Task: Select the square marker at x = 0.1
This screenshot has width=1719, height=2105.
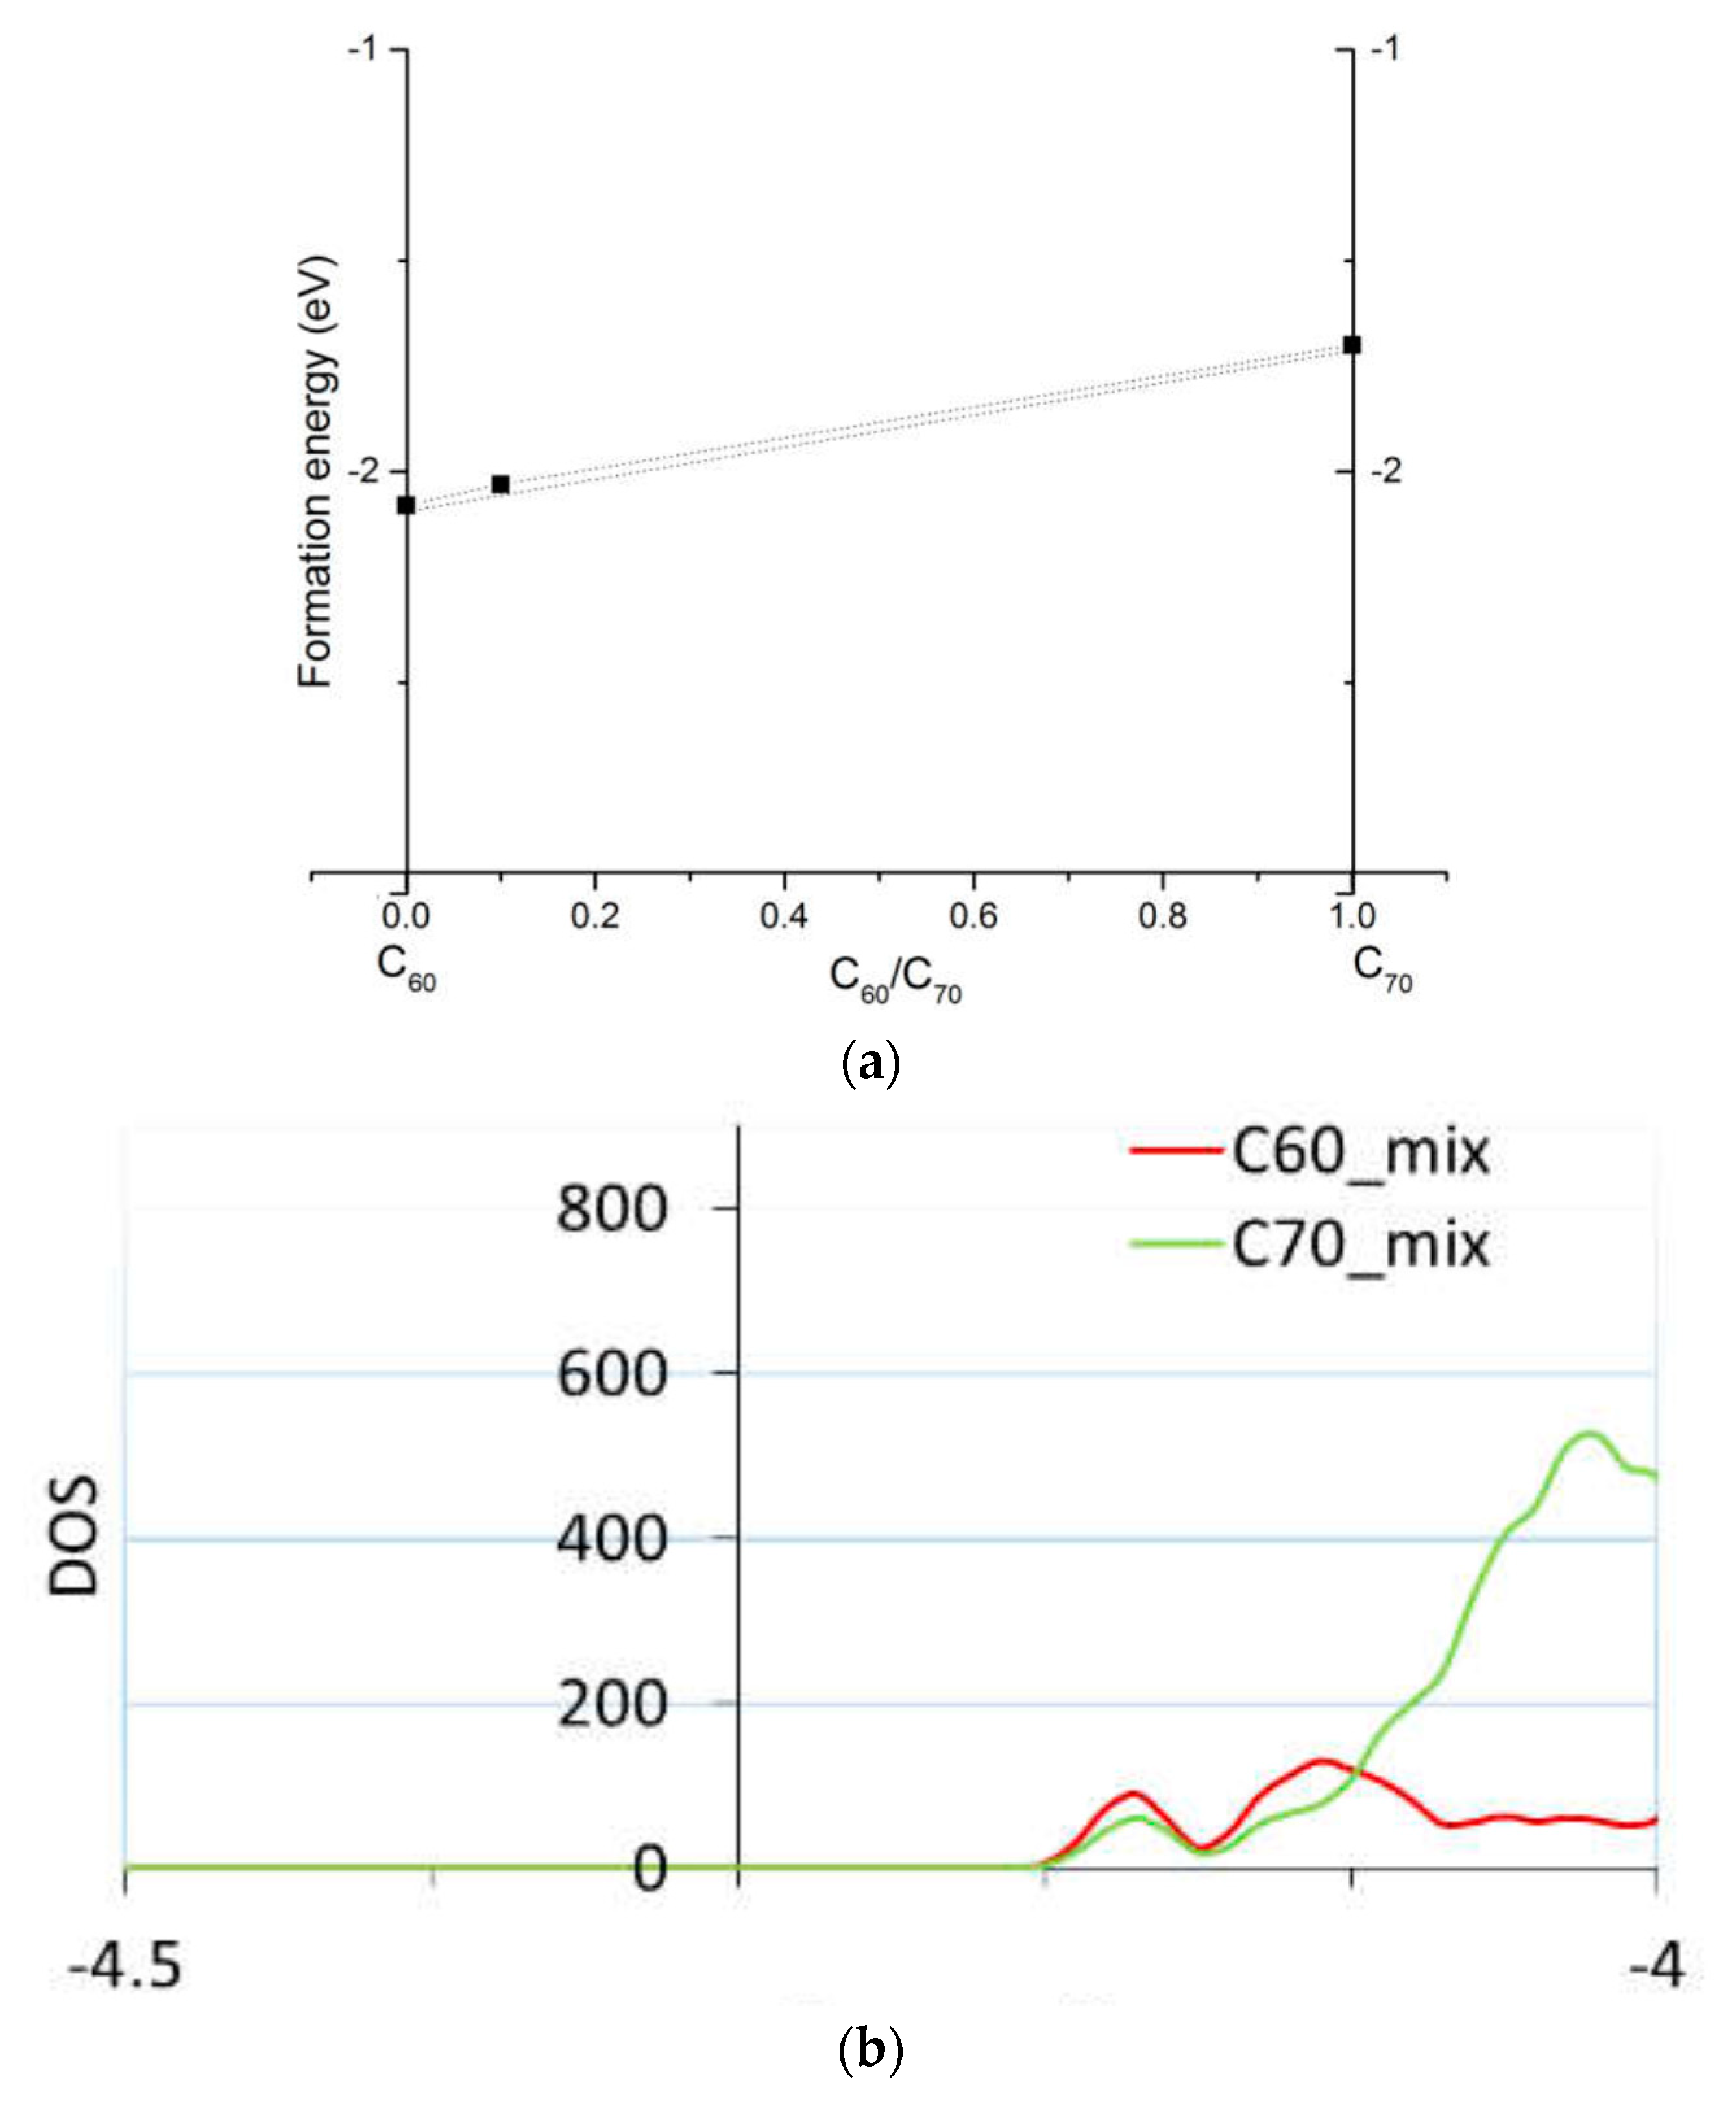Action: (x=501, y=484)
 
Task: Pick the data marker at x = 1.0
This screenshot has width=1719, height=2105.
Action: (x=1352, y=345)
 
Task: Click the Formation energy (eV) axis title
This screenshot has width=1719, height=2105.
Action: (x=317, y=472)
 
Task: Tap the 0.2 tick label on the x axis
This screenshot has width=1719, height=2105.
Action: (x=595, y=916)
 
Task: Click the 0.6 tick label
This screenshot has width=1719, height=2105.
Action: (x=973, y=916)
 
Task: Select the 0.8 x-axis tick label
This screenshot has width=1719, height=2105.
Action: (x=1162, y=916)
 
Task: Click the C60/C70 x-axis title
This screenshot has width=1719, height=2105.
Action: (x=895, y=979)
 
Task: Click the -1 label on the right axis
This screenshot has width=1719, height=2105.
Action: (x=1385, y=49)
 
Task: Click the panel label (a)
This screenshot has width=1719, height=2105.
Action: (x=870, y=1064)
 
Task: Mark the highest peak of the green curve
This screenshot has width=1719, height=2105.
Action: (x=1589, y=1433)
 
